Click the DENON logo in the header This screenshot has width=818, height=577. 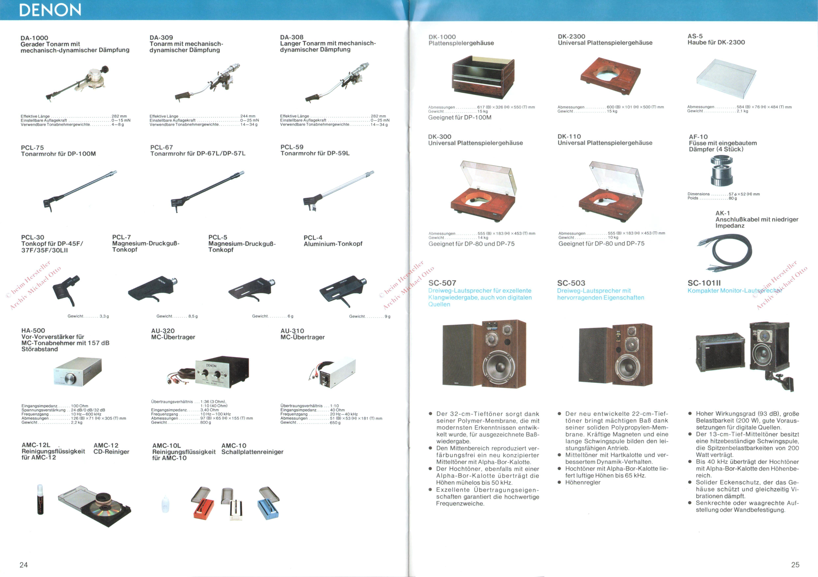(x=50, y=10)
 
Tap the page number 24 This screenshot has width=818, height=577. (x=24, y=564)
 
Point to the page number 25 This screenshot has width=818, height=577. (x=795, y=564)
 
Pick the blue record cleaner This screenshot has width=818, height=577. (x=269, y=503)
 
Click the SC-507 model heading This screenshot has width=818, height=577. (x=442, y=283)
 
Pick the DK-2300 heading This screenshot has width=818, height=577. (x=571, y=36)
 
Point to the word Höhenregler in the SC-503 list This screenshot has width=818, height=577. (x=583, y=482)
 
